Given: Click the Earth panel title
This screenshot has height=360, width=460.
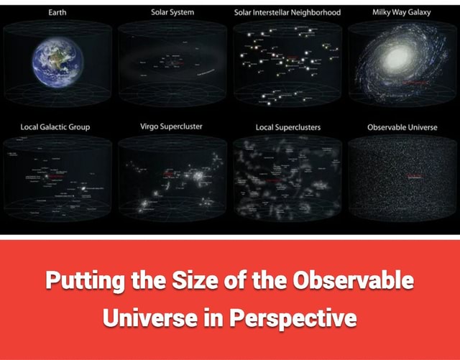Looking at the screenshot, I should tap(57, 12).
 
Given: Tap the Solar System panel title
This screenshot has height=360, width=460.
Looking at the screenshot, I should tap(172, 12).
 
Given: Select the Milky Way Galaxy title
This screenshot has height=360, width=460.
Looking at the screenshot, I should tap(402, 12).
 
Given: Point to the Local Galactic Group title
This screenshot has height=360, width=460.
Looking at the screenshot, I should tap(55, 127).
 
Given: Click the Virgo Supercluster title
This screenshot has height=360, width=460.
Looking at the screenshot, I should tap(172, 126).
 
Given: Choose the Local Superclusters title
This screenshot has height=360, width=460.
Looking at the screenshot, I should tap(288, 127).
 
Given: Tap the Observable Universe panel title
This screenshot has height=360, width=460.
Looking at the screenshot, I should tap(402, 127).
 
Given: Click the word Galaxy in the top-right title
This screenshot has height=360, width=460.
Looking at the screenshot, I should tap(418, 12).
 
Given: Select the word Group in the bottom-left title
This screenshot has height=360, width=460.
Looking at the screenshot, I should tap(77, 127).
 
